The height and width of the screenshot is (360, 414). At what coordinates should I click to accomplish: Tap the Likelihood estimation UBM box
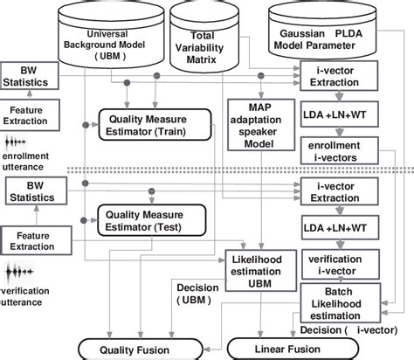[x=254, y=266]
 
